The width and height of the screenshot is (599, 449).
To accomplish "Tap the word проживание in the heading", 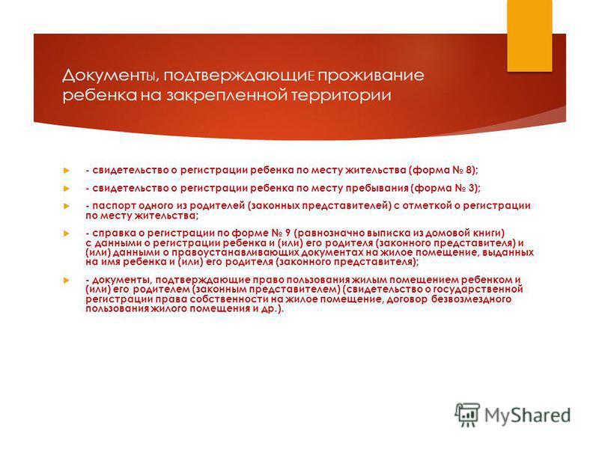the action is (x=371, y=76).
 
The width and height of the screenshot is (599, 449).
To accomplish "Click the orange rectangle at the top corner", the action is (x=529, y=35).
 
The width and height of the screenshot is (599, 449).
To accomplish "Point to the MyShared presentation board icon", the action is (x=466, y=415).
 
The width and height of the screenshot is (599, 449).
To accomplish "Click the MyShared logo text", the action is (x=528, y=415).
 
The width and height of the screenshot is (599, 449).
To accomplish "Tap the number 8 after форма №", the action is (x=469, y=170).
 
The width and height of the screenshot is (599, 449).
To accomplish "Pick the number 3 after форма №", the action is (x=472, y=188).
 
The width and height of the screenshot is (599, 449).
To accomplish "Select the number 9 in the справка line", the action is (x=288, y=233).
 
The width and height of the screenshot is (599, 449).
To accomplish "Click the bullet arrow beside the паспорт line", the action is (x=67, y=207).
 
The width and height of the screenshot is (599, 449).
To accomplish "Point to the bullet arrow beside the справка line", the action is (x=67, y=233).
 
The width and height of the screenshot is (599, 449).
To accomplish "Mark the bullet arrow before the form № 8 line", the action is (x=67, y=171).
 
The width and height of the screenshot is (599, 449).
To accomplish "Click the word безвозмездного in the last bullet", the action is (x=471, y=299).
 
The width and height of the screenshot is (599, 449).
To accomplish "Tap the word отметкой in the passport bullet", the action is (x=425, y=206).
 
